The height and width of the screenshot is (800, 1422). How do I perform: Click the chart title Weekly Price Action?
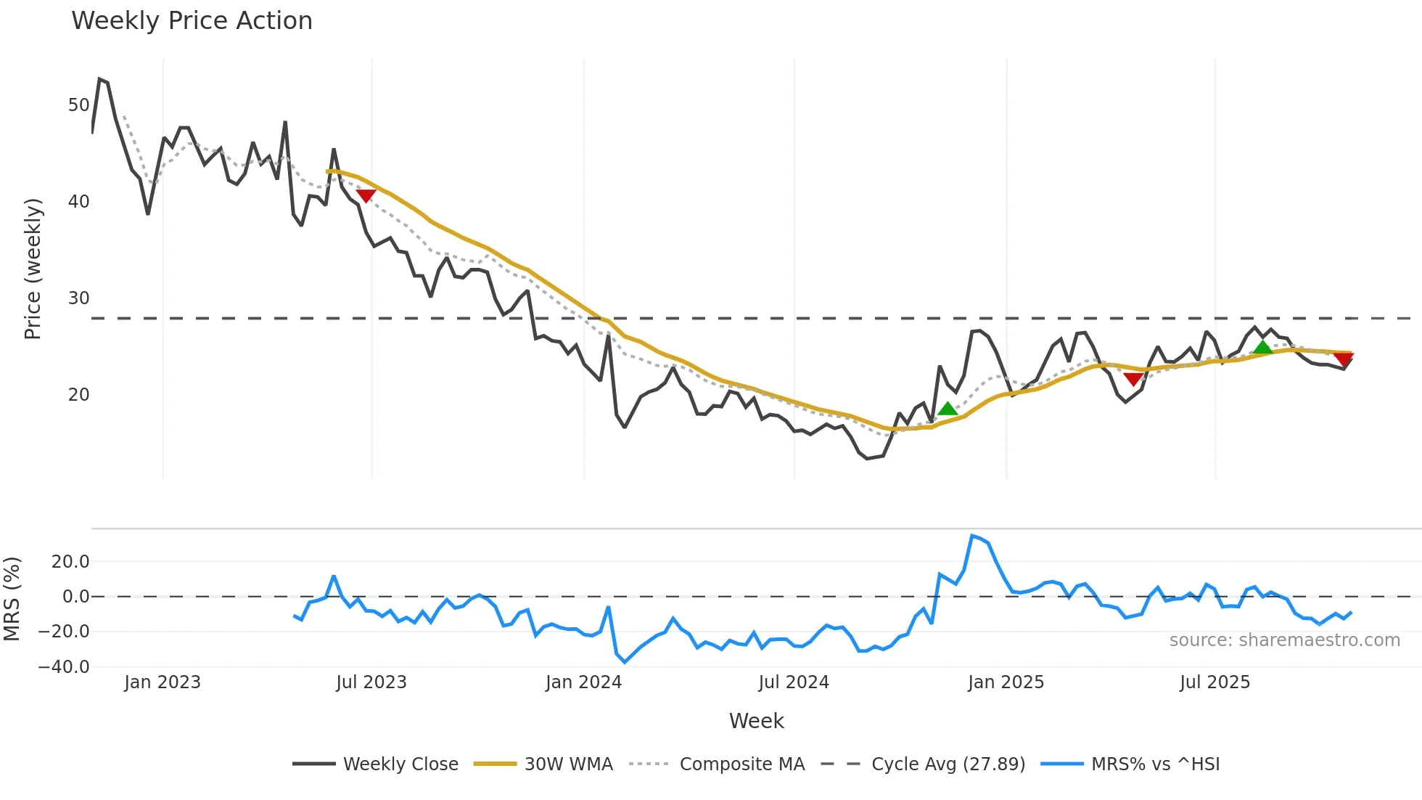(x=192, y=21)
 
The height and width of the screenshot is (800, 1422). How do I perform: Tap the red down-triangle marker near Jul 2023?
(x=366, y=195)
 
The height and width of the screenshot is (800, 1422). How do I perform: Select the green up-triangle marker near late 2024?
(x=947, y=409)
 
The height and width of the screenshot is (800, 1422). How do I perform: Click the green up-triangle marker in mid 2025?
(x=1263, y=347)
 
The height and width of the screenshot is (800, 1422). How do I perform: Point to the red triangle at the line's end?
(x=1343, y=359)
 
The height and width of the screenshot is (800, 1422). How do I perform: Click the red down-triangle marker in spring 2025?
(x=1133, y=379)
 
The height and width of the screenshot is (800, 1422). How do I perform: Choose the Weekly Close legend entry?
(x=375, y=764)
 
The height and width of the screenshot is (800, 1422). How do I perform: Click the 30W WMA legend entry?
(x=543, y=764)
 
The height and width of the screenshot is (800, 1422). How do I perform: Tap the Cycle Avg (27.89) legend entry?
(x=923, y=764)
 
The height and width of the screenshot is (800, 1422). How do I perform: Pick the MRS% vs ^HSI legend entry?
(x=1130, y=764)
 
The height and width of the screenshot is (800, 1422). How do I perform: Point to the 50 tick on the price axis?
(x=78, y=105)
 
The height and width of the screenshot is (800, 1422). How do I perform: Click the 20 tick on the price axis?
(x=78, y=395)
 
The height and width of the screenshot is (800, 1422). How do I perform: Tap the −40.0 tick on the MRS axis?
(x=64, y=667)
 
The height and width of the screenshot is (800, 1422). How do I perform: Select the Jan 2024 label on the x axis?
(x=583, y=682)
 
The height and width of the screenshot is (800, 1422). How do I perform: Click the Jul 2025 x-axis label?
(x=1215, y=682)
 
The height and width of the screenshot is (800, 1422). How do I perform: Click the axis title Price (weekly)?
(x=33, y=269)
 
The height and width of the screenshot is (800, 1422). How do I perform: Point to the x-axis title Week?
(x=756, y=721)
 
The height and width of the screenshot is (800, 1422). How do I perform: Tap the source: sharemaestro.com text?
(x=1284, y=640)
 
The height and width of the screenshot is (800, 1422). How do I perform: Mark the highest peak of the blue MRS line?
(x=972, y=536)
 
